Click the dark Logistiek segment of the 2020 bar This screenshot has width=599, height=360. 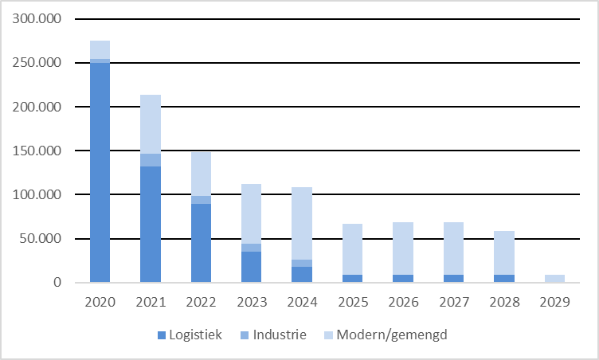tap(100, 171)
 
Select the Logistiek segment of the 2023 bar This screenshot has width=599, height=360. tap(251, 267)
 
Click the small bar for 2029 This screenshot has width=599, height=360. tap(554, 278)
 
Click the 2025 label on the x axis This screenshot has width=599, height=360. tap(352, 303)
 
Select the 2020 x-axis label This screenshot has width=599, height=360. tap(100, 303)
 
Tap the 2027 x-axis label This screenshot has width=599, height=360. tap(453, 303)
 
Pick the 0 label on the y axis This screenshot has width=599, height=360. tap(57, 283)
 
